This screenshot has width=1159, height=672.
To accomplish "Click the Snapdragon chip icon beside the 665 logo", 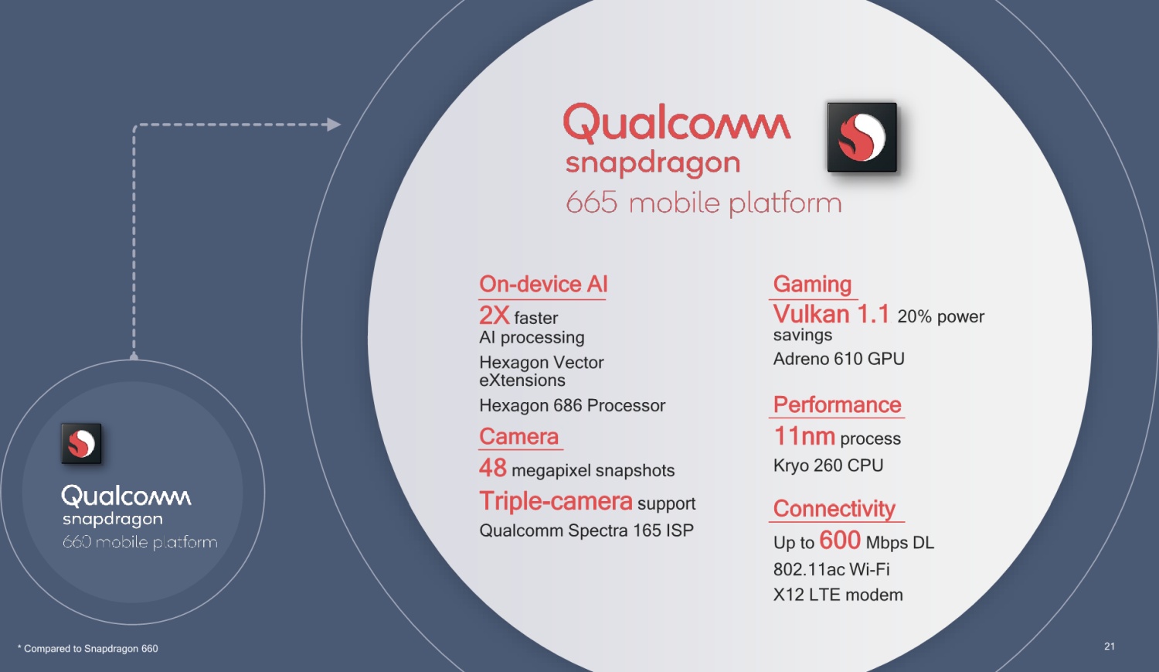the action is coord(862,137).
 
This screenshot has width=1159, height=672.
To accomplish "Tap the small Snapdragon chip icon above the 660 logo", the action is coord(81,444).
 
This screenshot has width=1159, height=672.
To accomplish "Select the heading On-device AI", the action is coord(543,285).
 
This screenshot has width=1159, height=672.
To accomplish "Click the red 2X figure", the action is coord(495,315).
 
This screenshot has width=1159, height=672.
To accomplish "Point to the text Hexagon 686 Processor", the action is coord(573,405).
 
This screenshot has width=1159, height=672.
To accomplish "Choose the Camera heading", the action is coord(519,436).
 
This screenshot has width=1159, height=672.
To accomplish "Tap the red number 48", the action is coord(493,468).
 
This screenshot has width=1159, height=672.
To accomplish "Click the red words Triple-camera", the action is coord(556,501).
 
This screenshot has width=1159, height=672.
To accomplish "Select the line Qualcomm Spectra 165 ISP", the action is coord(586,530).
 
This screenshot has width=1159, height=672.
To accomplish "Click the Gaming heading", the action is coord(812,285).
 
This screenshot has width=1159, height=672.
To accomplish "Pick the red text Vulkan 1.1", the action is coord(831,314).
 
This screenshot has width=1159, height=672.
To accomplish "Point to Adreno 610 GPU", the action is coord(838,359).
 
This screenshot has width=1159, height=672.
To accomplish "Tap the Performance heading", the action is coord(837,405).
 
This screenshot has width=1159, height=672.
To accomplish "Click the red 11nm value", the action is coord(804,436).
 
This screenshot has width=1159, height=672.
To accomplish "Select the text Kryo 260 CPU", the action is coord(828,466).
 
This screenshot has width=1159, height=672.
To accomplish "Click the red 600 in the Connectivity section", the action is coord(840,540).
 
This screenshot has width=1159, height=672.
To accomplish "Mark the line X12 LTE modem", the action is coord(838,595).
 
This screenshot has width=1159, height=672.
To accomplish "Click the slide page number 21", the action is coord(1110,646).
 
